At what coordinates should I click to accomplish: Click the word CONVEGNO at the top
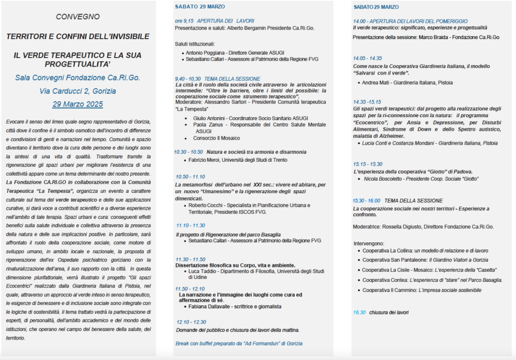click(78, 17)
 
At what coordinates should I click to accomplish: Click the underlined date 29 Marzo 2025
click(78, 104)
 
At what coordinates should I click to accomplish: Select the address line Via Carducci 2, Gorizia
click(78, 91)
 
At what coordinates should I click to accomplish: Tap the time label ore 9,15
click(184, 21)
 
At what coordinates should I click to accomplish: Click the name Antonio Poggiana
click(203, 53)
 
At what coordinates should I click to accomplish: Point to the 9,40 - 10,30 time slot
click(187, 79)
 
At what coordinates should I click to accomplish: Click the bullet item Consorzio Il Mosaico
click(216, 138)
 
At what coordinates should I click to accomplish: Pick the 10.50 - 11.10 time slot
click(190, 177)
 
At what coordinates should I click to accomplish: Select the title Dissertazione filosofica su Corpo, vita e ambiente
click(235, 265)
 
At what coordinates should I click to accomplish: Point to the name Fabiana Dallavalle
click(210, 306)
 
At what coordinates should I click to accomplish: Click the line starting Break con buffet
click(238, 343)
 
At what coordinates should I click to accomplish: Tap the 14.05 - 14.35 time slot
click(367, 58)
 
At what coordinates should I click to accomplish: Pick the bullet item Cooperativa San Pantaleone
click(394, 260)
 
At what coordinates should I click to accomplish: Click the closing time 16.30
click(359, 312)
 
